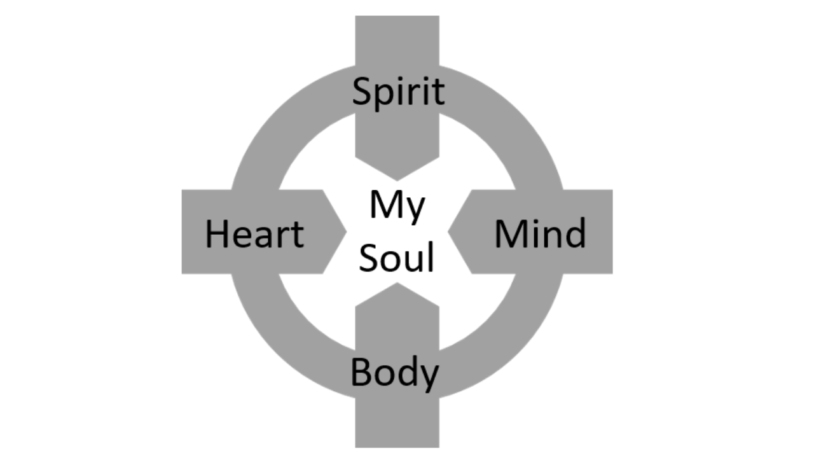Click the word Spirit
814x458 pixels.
pyautogui.click(x=398, y=92)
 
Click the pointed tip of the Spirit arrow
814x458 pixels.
pyautogui.click(x=397, y=180)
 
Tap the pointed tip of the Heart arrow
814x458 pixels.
pyautogui.click(x=345, y=232)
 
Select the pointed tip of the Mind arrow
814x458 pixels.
pyautogui.click(x=449, y=232)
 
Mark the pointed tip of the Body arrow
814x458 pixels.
pyautogui.click(x=397, y=284)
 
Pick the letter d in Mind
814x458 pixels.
pyautogui.click(x=575, y=233)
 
